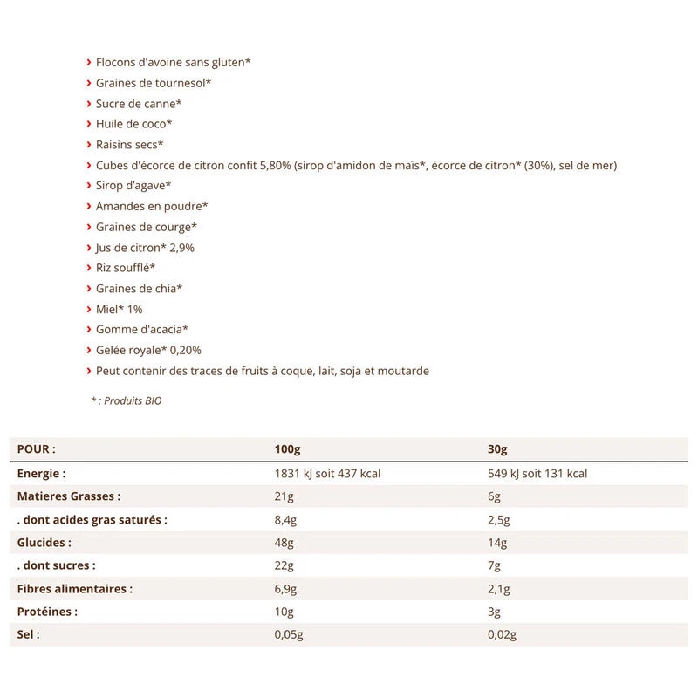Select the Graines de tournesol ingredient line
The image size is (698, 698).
[x=154, y=83]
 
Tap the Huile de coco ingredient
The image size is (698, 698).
[x=133, y=124]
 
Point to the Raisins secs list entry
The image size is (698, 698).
[x=130, y=145]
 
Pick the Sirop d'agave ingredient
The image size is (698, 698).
[x=133, y=186]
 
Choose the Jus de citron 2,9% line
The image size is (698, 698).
[x=145, y=248]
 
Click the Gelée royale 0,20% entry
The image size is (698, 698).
[x=148, y=351]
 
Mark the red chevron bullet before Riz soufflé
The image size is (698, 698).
[x=89, y=268]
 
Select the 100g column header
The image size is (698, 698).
[x=287, y=449]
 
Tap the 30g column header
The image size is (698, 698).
[x=497, y=449]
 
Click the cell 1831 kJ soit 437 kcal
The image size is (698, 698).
[x=328, y=474]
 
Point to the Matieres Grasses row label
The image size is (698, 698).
[x=69, y=496]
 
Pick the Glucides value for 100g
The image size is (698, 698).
[x=284, y=542]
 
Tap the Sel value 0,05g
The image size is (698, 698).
[x=289, y=635]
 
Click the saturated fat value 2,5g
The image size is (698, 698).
[x=499, y=519]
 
